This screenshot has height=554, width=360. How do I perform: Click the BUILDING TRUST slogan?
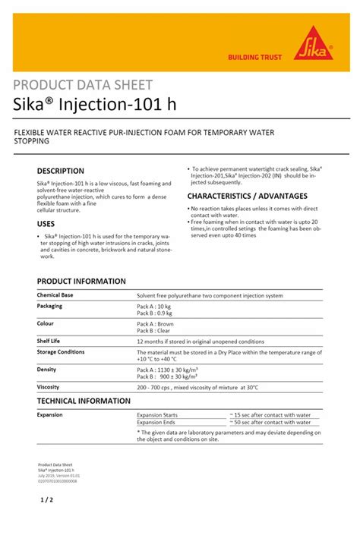point(255,58)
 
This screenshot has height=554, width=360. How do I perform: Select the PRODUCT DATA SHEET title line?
point(83,85)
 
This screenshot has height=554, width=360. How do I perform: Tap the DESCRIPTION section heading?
point(61,171)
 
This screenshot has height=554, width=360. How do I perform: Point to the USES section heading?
point(46,224)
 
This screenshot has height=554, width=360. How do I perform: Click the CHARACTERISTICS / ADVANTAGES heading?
point(247,196)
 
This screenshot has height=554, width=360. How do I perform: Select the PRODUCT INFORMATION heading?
point(81,281)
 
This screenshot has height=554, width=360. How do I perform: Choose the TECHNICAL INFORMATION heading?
point(84,401)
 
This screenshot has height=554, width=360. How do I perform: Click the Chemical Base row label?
point(55,294)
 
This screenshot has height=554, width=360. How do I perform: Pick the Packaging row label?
point(49,306)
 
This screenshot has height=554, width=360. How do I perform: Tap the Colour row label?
point(46,323)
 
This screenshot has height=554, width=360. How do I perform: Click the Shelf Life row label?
point(49,341)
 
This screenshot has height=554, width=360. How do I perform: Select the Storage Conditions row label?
point(61,351)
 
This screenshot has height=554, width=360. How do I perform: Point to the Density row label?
point(46,369)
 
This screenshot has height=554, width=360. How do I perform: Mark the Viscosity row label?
point(49,387)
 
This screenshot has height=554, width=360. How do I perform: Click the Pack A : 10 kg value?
point(155,306)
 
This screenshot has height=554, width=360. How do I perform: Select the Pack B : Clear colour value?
point(155,330)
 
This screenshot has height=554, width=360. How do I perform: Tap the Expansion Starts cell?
point(157,415)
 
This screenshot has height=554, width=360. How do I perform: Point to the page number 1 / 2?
point(46,500)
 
